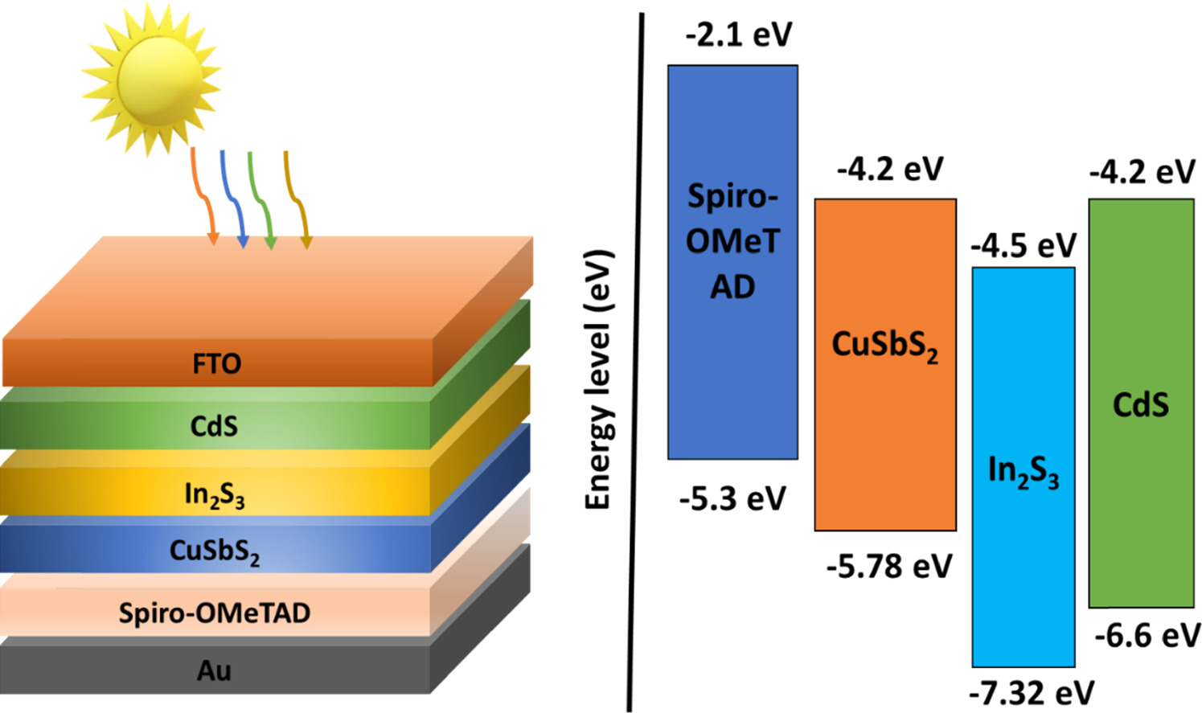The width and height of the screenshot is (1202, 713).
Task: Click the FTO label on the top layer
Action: coord(216,364)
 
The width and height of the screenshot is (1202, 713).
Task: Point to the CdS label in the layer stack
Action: coord(214,426)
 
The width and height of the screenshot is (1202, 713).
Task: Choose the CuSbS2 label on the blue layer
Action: coord(214,551)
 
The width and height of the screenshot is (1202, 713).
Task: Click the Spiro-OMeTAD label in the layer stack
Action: coord(214,613)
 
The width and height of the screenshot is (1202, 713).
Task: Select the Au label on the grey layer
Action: coord(214,670)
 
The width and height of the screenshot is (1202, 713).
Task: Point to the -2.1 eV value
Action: coord(738,35)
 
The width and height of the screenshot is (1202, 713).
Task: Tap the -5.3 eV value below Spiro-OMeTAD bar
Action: coord(732,499)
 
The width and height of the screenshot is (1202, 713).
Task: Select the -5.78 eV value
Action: coord(888,567)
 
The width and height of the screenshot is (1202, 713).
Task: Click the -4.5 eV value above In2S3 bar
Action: coord(1023,246)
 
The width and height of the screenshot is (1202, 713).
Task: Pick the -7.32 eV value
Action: coord(1031,692)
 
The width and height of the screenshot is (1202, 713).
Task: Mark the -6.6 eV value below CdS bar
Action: coord(1147,636)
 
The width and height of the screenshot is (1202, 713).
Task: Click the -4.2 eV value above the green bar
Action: coord(1142,172)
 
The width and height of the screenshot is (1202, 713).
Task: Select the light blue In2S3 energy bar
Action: coord(1023,563)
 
